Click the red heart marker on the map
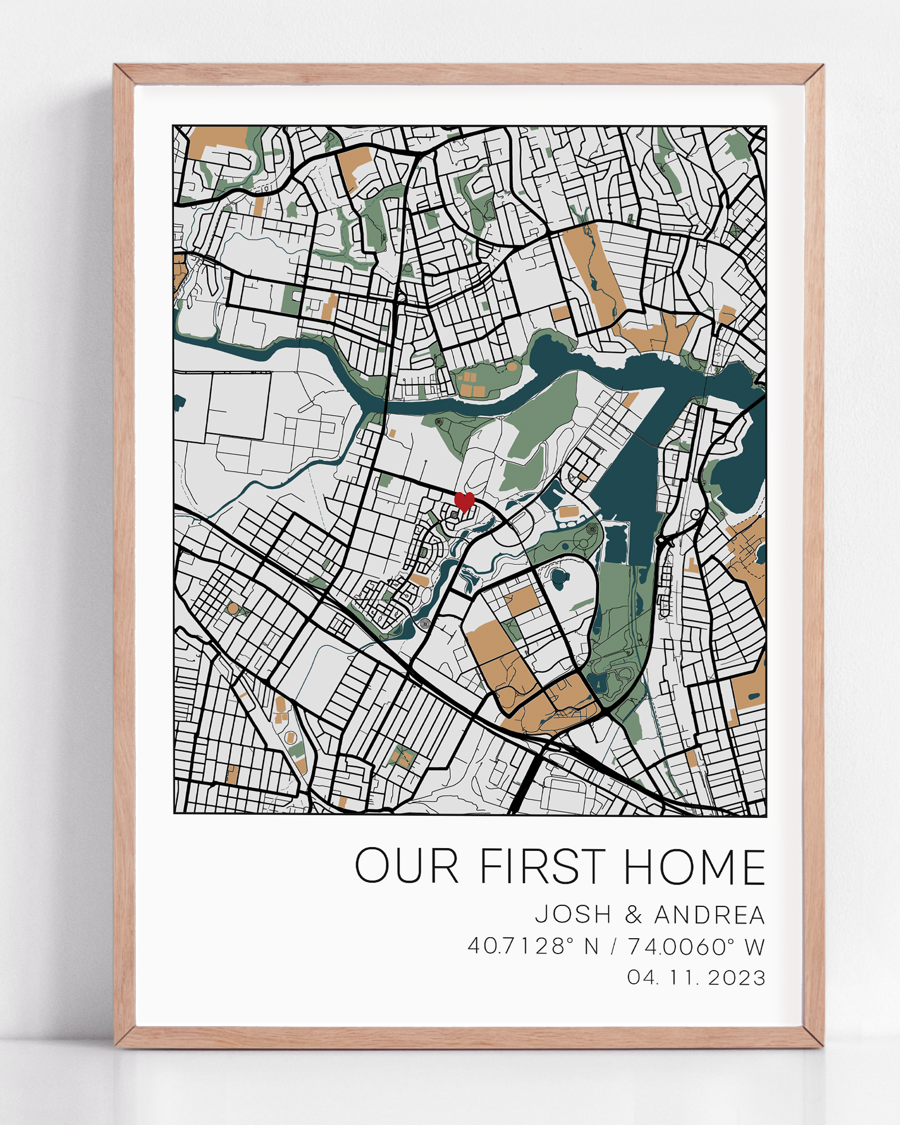click(464, 501)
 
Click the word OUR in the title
click(406, 866)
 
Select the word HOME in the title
click(695, 866)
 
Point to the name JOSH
click(574, 915)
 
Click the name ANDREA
click(710, 915)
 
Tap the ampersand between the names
click(634, 915)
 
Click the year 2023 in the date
click(737, 978)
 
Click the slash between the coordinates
click(614, 946)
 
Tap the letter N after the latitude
click(591, 946)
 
